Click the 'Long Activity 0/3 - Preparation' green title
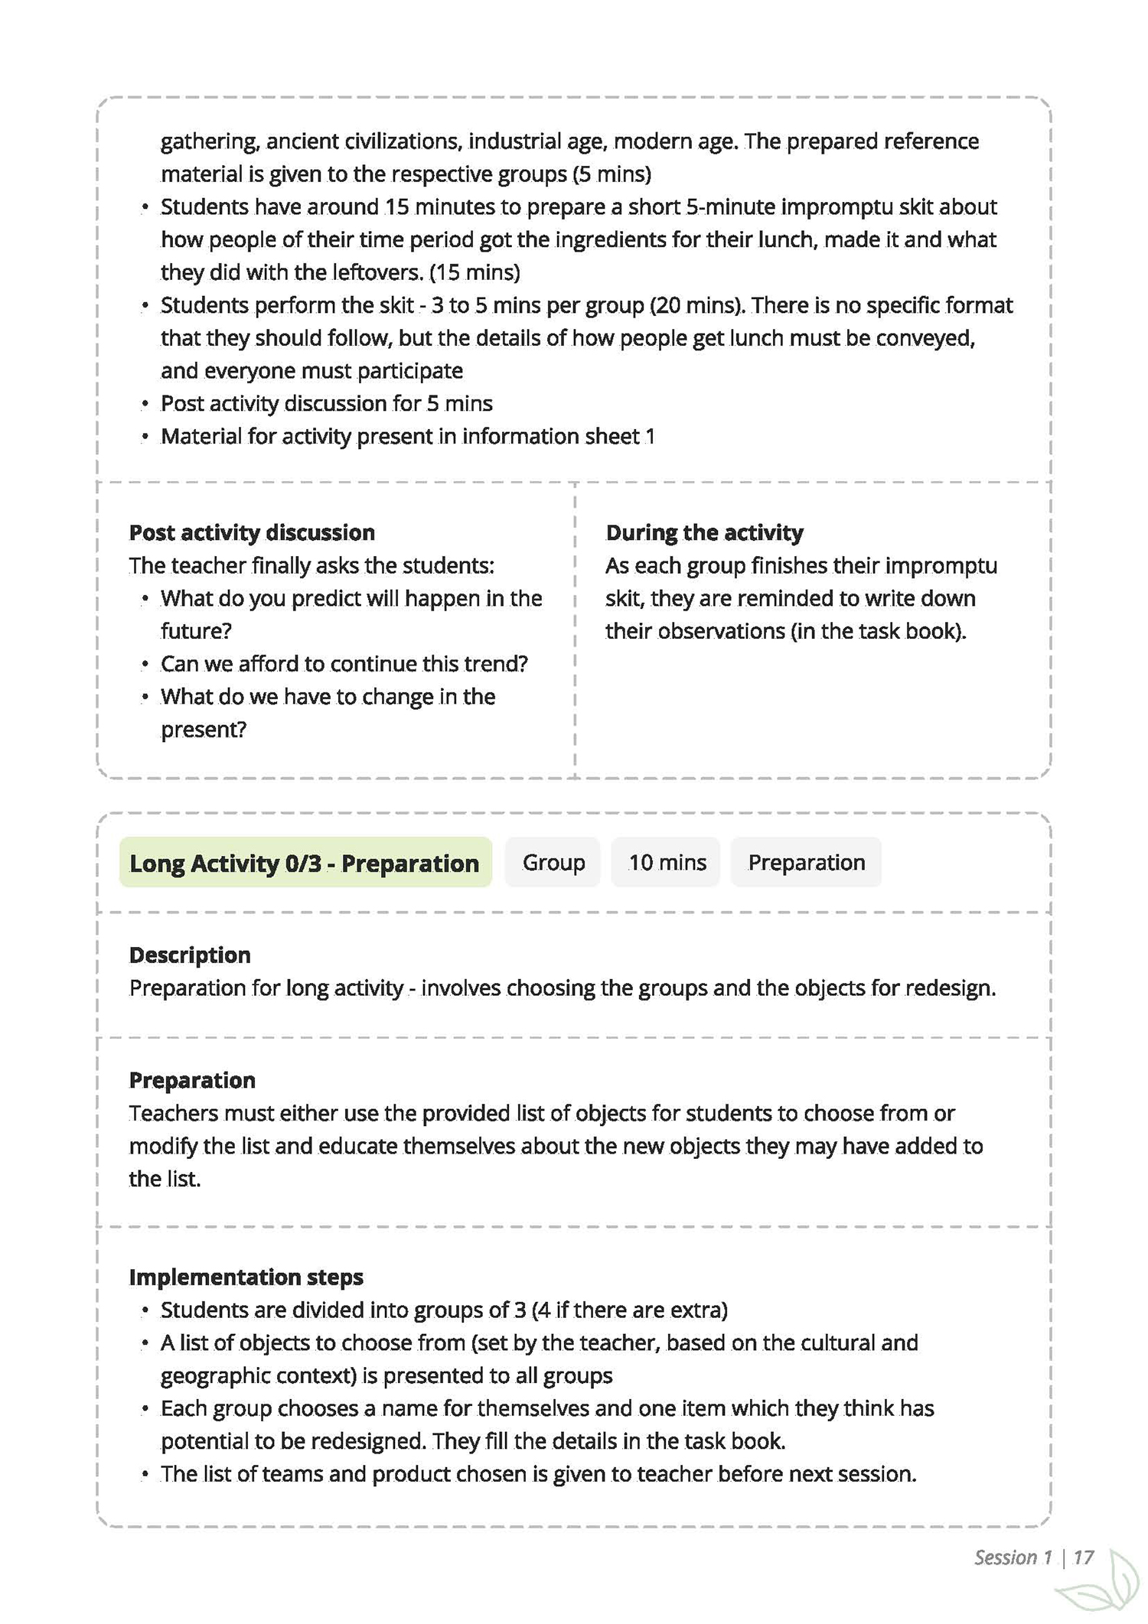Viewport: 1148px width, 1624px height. tap(305, 863)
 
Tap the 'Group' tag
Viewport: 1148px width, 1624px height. tap(553, 863)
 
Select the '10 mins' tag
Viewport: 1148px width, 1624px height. tap(667, 863)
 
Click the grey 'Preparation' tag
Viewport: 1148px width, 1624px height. tap(806, 863)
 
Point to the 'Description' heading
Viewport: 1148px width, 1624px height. tap(190, 955)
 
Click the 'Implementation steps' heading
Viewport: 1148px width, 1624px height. tap(246, 1277)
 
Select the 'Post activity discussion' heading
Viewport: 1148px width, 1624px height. tap(252, 532)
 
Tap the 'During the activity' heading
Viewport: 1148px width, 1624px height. tap(704, 532)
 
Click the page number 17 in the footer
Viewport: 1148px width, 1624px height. tap(1083, 1557)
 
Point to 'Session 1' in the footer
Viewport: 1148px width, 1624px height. tap(1013, 1557)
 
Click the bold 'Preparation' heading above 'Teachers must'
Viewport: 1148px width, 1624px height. tap(192, 1080)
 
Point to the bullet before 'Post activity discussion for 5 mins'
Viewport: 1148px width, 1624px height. tap(145, 404)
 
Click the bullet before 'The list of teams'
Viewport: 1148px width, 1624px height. tap(145, 1474)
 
